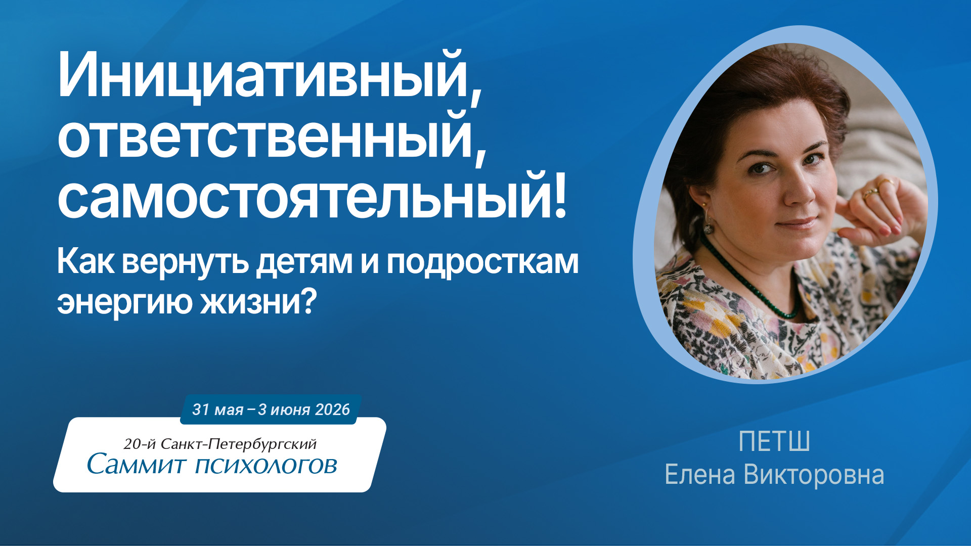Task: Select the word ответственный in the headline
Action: click(x=266, y=136)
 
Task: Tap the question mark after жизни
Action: click(x=308, y=300)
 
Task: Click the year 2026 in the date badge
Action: click(x=332, y=409)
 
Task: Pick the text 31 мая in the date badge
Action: click(x=217, y=409)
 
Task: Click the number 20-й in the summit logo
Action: click(x=140, y=444)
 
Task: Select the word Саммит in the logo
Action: click(x=137, y=464)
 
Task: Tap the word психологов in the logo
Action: click(x=267, y=466)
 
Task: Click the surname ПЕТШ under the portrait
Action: click(x=774, y=441)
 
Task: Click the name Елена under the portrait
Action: click(x=699, y=475)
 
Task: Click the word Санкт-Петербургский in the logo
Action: click(x=238, y=444)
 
